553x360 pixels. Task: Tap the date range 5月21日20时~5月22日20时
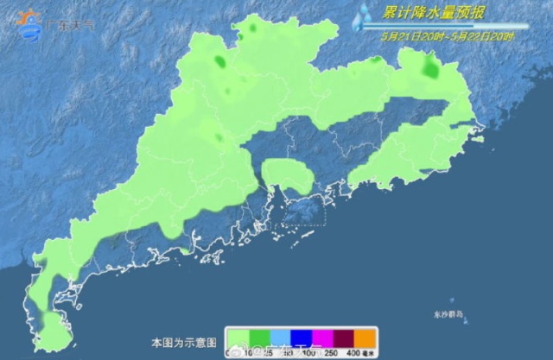pyautogui.click(x=448, y=36)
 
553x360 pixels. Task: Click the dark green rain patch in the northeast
pyautogui.click(x=429, y=66)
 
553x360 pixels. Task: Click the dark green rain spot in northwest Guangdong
pyautogui.click(x=220, y=62)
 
